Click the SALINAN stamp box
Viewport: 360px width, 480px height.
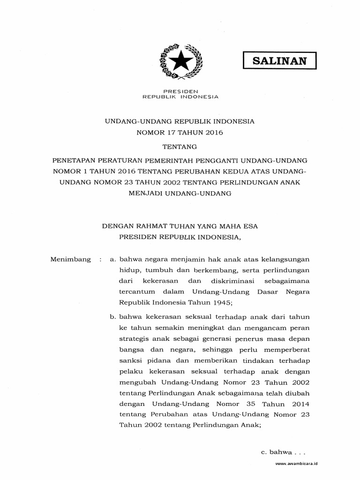[x=280, y=60]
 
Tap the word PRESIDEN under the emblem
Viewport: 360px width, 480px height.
[x=180, y=91]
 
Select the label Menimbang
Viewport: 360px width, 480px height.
[x=70, y=259]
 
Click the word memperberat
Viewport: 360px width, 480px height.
[x=289, y=349]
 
